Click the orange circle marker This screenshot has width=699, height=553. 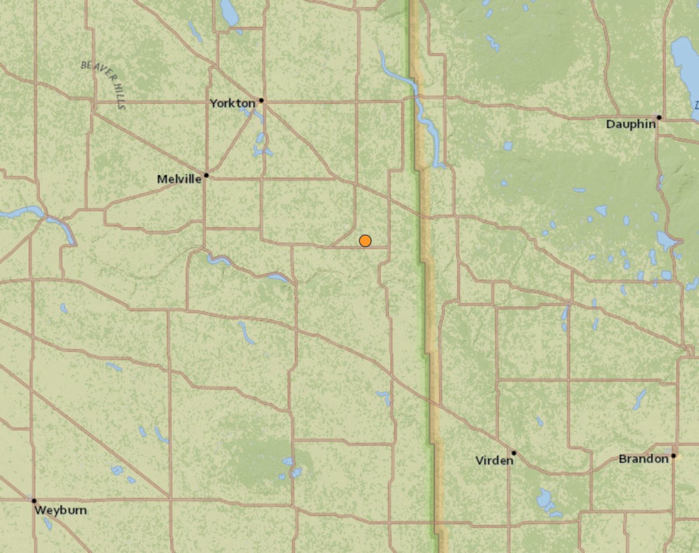[x=365, y=241]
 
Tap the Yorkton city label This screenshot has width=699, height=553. [x=232, y=103]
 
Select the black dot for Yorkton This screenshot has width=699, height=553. [x=262, y=100]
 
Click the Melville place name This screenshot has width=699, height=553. [x=179, y=179]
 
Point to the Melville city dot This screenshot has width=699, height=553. [x=206, y=175]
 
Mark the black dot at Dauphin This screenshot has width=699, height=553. [x=659, y=117]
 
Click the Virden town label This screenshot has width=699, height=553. [x=495, y=461]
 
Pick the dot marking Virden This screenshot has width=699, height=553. [x=514, y=452]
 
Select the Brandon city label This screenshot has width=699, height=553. [x=643, y=459]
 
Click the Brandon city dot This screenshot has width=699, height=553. [x=673, y=456]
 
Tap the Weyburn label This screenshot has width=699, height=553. [x=61, y=510]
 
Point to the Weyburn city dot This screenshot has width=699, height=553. [x=34, y=501]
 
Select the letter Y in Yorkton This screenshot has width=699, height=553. [x=214, y=103]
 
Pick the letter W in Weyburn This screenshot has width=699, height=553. [x=40, y=510]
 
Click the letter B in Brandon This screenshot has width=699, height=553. [x=622, y=459]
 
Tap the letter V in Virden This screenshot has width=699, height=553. [x=479, y=461]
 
